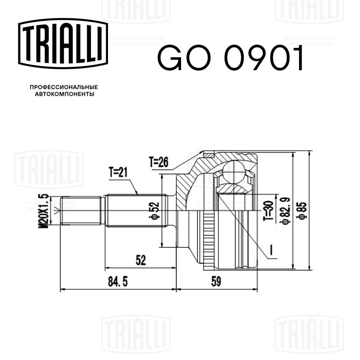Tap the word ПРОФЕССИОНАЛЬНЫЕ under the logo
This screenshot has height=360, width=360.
click(x=64, y=87)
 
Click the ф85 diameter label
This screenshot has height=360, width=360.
click(x=302, y=211)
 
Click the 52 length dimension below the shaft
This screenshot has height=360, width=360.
click(x=141, y=261)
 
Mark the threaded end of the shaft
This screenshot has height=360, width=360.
click(x=80, y=210)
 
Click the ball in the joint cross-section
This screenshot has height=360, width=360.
click(x=234, y=172)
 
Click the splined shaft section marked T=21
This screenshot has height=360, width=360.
click(x=137, y=210)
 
